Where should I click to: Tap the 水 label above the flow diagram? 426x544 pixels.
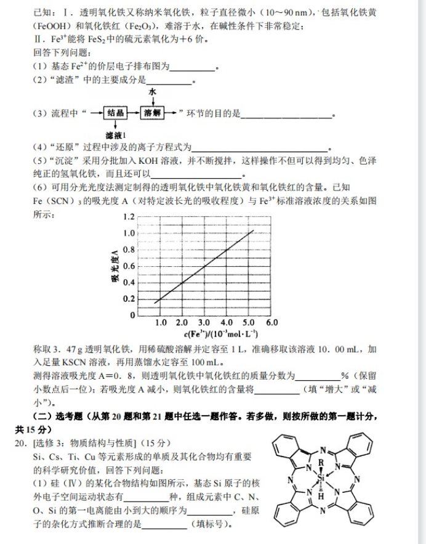pyautogui.click(x=151, y=92)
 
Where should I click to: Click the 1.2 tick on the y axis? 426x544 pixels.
pyautogui.click(x=128, y=217)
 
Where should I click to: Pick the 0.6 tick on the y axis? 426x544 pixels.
pyautogui.click(x=128, y=266)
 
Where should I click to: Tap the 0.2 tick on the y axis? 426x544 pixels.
pyautogui.click(x=128, y=299)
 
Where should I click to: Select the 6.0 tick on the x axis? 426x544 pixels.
pyautogui.click(x=271, y=323)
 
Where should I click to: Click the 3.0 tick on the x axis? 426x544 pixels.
pyautogui.click(x=204, y=323)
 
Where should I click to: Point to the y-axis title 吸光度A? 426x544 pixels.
pyautogui.click(x=114, y=266)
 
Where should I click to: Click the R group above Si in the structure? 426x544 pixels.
pyautogui.click(x=321, y=461)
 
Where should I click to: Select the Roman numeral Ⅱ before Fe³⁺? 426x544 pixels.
pyautogui.click(x=36, y=40)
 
